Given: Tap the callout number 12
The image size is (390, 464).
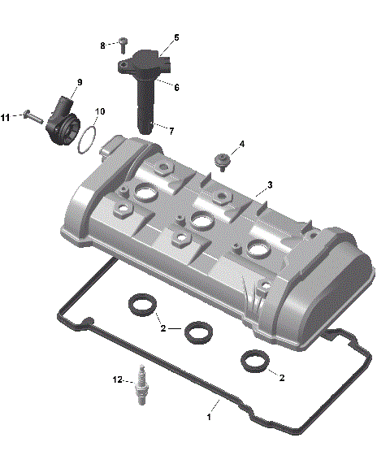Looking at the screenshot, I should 118,379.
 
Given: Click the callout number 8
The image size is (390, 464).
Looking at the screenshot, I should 103,46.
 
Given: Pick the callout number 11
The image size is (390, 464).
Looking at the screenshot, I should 6,118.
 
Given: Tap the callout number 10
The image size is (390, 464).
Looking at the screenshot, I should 100,111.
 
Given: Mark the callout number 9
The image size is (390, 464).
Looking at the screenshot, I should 80,83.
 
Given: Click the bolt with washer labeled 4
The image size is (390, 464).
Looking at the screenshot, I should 220,158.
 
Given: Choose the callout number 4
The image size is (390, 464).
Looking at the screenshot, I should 241,145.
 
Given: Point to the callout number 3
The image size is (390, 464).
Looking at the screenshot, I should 270,184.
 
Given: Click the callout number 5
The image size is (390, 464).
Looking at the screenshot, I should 176,37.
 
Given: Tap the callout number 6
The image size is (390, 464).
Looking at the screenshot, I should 176,87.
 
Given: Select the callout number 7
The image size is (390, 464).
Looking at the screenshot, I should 170,129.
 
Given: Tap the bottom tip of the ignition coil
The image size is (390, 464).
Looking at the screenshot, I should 145,128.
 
